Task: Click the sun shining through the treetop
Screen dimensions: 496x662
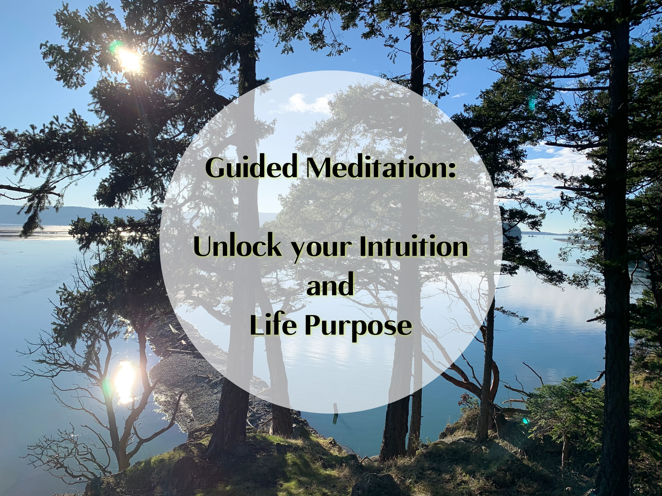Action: (129, 59)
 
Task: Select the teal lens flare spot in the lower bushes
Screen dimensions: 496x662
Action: (525, 421)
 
